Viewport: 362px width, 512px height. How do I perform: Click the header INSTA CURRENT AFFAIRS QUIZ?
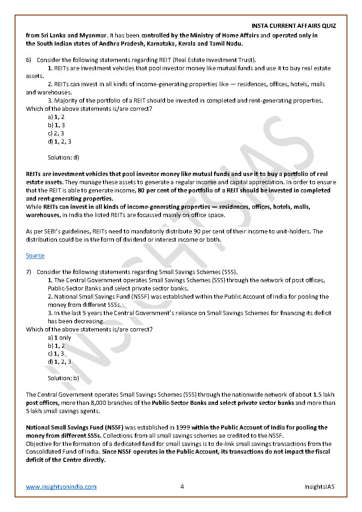[x=294, y=26]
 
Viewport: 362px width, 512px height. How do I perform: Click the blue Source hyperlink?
[x=35, y=256]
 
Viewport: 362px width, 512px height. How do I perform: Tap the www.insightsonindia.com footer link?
[x=61, y=486]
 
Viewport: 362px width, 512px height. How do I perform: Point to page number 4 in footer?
[x=182, y=486]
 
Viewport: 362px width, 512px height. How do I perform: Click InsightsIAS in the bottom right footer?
[x=320, y=486]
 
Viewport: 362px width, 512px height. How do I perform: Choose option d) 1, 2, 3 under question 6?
[x=60, y=141]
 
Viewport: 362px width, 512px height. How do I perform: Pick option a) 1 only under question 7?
[x=60, y=337]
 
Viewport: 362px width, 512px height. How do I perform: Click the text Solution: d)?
[x=63, y=157]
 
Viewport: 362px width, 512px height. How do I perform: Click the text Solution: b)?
[x=63, y=378]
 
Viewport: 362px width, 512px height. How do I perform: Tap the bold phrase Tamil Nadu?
[x=226, y=43]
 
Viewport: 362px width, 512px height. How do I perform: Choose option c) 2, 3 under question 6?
[x=56, y=133]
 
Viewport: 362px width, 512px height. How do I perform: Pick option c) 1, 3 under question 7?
[x=56, y=354]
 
